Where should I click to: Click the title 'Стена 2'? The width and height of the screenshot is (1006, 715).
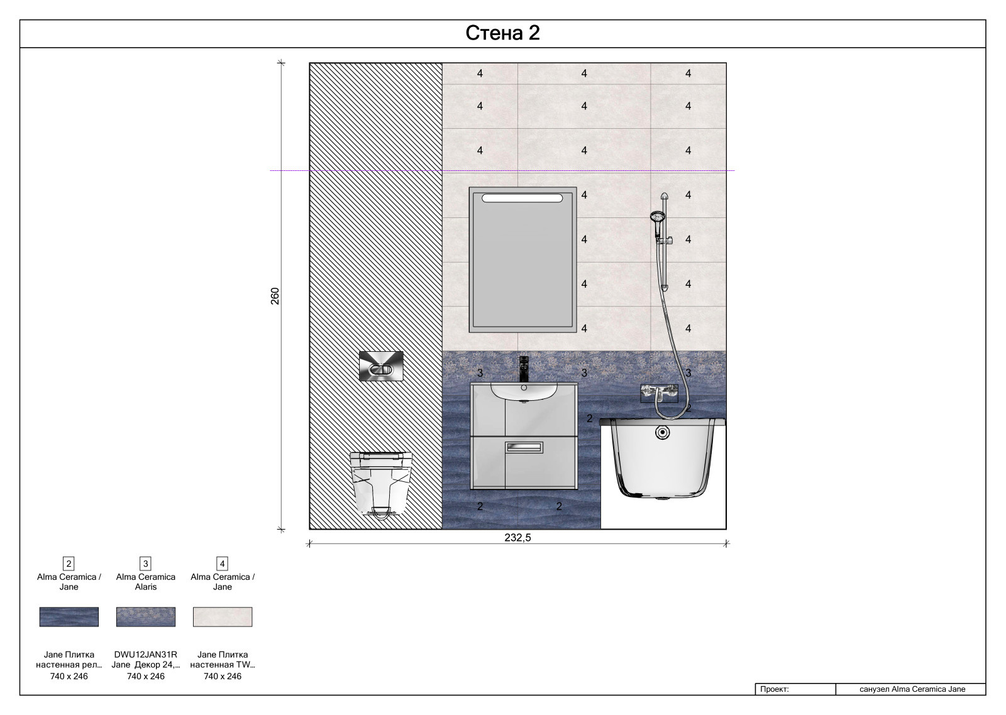(x=502, y=33)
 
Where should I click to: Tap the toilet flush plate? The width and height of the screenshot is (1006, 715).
(x=381, y=366)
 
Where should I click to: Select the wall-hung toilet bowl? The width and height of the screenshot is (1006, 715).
(x=381, y=485)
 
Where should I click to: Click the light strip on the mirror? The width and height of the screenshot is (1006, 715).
(x=522, y=198)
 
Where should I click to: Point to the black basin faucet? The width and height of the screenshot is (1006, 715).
(x=524, y=369)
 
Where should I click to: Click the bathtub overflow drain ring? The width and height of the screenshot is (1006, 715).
(x=663, y=433)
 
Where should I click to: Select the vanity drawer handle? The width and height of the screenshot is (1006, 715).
(x=524, y=447)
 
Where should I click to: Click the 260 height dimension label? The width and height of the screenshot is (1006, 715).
(x=275, y=296)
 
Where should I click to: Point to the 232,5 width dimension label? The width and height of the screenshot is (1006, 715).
(x=517, y=537)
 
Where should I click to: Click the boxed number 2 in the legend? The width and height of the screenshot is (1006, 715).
(x=69, y=564)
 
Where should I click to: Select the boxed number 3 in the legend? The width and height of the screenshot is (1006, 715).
(x=145, y=564)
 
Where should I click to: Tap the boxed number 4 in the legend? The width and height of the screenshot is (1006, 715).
(x=223, y=564)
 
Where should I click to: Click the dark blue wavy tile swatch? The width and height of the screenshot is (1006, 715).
(x=69, y=617)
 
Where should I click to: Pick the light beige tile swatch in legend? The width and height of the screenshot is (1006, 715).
(x=223, y=617)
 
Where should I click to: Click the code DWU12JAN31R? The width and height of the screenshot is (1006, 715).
(x=145, y=655)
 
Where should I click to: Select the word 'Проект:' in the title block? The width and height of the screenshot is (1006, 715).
(x=774, y=689)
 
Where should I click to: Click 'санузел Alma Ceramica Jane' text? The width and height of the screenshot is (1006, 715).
(x=912, y=689)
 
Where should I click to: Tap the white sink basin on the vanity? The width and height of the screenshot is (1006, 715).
(x=524, y=391)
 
